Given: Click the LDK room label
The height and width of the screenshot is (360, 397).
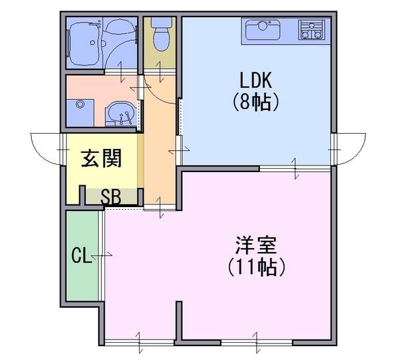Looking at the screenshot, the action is click(x=255, y=80).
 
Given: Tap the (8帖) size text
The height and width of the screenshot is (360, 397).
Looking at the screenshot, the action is click(x=255, y=102).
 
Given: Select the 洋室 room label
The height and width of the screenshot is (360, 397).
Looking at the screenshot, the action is click(x=255, y=245).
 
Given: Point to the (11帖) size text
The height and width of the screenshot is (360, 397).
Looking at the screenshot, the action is click(x=256, y=267).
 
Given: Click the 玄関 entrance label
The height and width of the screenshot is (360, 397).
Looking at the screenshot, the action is click(x=101, y=158).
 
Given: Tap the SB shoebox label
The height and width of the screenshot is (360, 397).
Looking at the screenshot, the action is click(x=111, y=197).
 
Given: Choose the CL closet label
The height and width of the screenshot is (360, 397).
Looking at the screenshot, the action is click(x=81, y=255).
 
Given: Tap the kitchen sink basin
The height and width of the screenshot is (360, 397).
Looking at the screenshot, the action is click(x=263, y=29).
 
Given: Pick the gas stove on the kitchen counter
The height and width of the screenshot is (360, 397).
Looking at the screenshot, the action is click(x=312, y=30).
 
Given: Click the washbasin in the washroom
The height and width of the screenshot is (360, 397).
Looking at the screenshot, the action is click(x=121, y=114).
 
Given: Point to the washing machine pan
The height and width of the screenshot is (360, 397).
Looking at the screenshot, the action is click(x=80, y=113).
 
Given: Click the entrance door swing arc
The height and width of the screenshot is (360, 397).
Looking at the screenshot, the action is click(x=40, y=154).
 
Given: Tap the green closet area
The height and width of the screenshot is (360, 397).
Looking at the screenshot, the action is click(x=82, y=255).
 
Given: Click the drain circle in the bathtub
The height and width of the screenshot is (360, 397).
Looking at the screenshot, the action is click(x=93, y=43).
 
